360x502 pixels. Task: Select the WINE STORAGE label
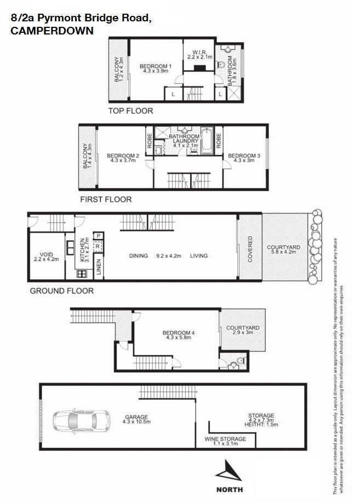point(225,439)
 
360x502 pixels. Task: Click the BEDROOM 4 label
point(178,333)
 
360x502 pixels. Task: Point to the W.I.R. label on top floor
point(199,53)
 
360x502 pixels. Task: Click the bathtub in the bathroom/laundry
point(207,141)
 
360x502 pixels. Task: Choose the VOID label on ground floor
point(46,255)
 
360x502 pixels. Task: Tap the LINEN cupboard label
point(99,267)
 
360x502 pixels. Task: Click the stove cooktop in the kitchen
point(82,274)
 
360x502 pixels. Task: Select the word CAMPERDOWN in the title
point(52,31)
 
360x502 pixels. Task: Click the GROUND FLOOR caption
point(61,291)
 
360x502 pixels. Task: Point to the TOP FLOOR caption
point(130,111)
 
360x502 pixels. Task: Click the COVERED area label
point(250,249)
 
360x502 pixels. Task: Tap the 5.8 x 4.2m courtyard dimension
point(283,252)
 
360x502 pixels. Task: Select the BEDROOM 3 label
point(244,156)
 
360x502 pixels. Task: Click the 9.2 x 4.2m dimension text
point(169,256)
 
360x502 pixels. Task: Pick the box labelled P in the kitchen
point(99,236)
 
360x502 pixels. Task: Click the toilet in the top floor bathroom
point(221,65)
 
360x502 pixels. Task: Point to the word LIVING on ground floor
point(199,256)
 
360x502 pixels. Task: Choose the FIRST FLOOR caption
point(106,199)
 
